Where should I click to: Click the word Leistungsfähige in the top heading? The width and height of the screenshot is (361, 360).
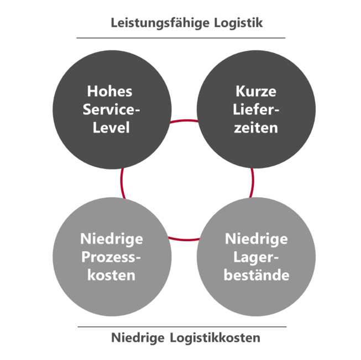[160, 23]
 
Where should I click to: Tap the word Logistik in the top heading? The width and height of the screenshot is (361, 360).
[238, 23]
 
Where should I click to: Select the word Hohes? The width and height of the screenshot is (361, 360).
[109, 91]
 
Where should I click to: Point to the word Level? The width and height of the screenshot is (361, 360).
[111, 128]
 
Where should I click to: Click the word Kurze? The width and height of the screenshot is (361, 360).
[256, 91]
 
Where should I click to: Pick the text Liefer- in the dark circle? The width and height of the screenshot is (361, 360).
[256, 109]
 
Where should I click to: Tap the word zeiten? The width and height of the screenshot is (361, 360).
[256, 128]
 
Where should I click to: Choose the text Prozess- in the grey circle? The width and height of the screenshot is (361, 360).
[111, 257]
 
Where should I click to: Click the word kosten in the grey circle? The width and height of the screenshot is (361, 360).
[111, 275]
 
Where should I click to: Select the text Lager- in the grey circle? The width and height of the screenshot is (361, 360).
[256, 257]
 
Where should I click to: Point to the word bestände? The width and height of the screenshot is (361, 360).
[257, 275]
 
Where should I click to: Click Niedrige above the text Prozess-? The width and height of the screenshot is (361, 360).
[112, 239]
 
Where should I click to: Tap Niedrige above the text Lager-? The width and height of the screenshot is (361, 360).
[257, 239]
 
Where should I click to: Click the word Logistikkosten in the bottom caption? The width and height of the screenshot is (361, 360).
[215, 338]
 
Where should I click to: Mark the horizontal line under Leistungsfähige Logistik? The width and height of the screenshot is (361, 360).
[181, 38]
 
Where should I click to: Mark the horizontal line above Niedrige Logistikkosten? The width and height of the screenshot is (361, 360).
[182, 327]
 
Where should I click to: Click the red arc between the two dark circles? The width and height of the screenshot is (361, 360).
[184, 120]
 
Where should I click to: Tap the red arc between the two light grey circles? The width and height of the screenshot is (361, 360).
[184, 240]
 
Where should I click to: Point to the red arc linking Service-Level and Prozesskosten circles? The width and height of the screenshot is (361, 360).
[121, 183]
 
